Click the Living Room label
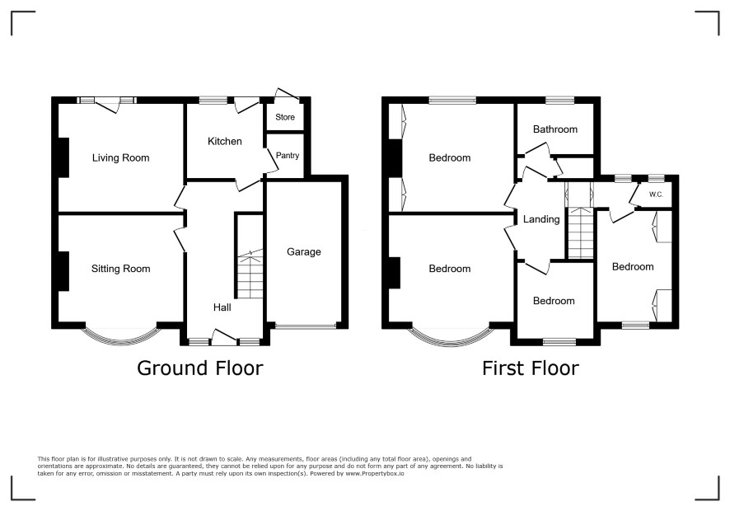click(x=120, y=158)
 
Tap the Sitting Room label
click(x=120, y=269)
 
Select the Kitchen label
click(x=224, y=141)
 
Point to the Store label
click(x=285, y=117)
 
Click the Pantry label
click(x=288, y=156)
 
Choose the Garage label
click(x=303, y=252)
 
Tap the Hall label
click(x=222, y=307)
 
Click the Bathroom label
click(x=555, y=129)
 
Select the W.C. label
click(x=656, y=195)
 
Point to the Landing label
click(x=541, y=219)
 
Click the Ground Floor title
click(x=200, y=368)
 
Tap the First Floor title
click(x=531, y=368)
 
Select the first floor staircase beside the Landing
click(x=581, y=233)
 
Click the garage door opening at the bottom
click(x=305, y=326)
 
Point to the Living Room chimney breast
click(x=63, y=157)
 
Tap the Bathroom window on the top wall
click(x=559, y=100)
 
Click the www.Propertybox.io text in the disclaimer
click(x=375, y=473)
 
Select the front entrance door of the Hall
click(x=223, y=338)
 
